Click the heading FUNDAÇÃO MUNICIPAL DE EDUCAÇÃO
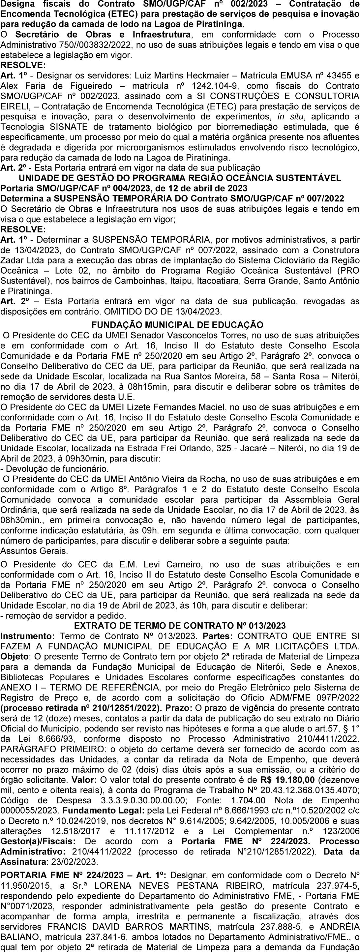tap(177, 325)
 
